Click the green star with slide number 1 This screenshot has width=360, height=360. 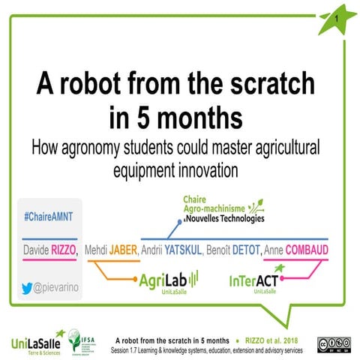335,19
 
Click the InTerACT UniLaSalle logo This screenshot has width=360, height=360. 256,283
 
